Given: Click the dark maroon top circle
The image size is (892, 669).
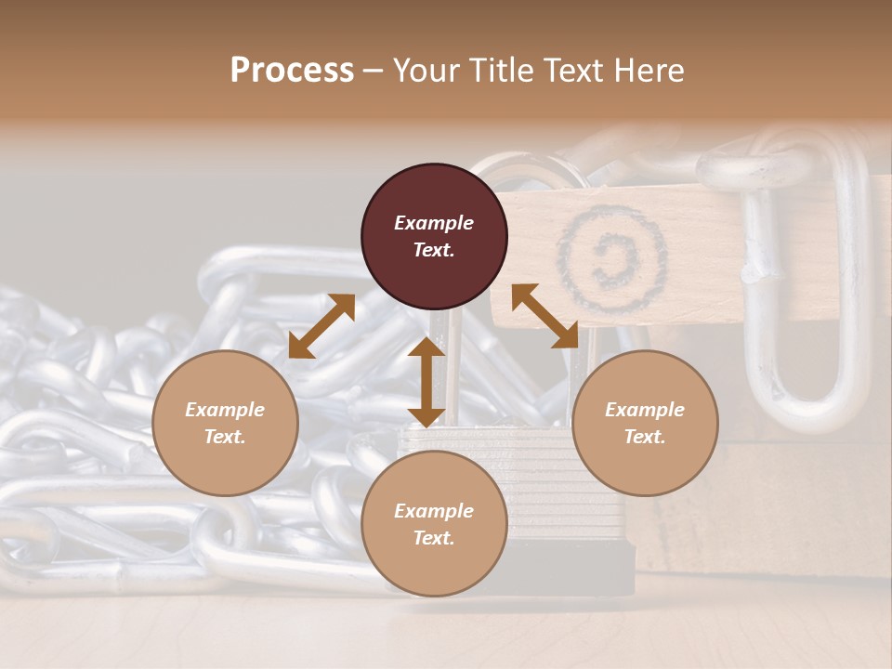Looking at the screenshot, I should click(x=434, y=237).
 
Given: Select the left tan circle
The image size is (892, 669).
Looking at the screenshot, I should click(x=225, y=423).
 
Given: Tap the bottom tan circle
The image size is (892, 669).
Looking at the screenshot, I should click(x=434, y=524).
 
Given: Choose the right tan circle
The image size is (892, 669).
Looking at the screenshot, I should click(x=645, y=423).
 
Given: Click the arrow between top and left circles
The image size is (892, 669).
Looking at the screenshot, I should click(x=321, y=326).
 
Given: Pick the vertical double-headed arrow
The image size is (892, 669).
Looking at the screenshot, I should click(x=426, y=382).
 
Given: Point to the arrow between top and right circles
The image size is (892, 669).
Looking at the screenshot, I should click(x=544, y=316).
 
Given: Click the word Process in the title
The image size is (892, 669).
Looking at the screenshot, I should click(x=292, y=70).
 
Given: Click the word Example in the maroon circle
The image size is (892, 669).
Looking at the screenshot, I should click(x=434, y=223).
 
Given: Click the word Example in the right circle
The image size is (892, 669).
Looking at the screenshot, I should click(x=645, y=410).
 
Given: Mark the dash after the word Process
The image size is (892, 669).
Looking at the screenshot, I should click(x=374, y=71).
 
